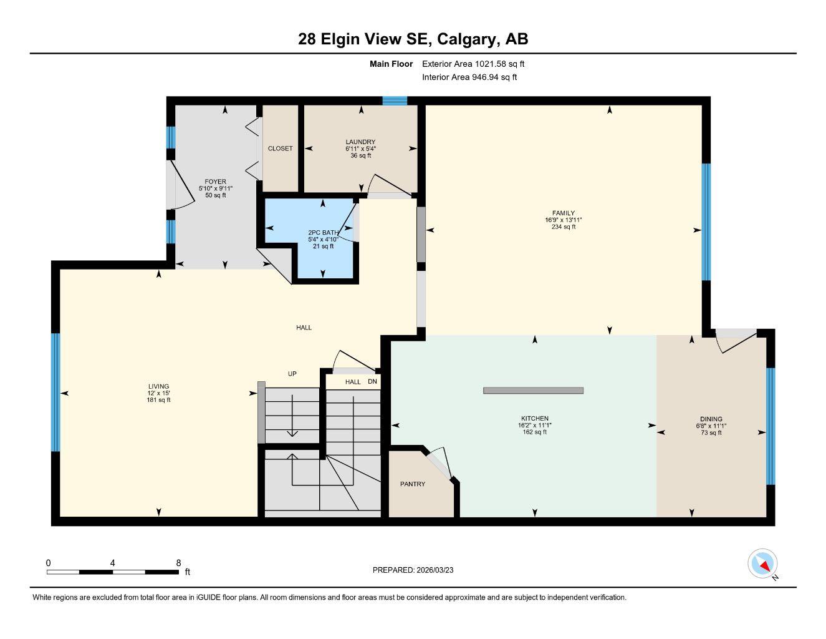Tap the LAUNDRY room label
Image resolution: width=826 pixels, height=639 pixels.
coord(360,142)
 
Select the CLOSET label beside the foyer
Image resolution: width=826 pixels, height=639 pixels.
coord(280,149)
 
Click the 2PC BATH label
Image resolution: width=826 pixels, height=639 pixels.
coord(323,233)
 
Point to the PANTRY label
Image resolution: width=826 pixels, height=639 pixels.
coord(413,484)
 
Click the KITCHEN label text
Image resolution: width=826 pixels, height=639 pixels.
coord(534,419)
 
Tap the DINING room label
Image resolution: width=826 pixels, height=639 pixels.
coord(711,419)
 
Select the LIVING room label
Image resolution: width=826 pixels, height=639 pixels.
coord(158,387)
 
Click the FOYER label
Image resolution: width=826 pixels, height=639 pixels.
coord(215,182)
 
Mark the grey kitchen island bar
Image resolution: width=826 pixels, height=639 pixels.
coord(533,391)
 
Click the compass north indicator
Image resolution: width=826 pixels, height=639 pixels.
coord(762,564)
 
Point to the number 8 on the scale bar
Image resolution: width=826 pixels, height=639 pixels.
coord(179,563)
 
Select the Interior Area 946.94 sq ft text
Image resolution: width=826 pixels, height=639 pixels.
coord(469,77)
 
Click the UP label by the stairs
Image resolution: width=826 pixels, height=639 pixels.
coord(292,374)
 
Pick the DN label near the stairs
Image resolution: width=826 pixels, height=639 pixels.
coord(372,381)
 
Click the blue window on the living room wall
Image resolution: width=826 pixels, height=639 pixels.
coord(55,392)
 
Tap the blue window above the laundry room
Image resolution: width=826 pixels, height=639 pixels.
coord(394,100)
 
